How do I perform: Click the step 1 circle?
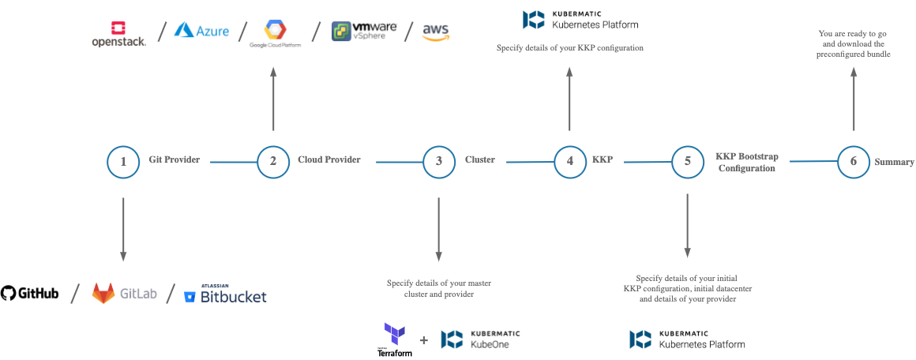(123, 162)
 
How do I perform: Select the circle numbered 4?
(569, 162)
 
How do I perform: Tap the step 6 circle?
(854, 162)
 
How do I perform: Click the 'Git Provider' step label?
(175, 159)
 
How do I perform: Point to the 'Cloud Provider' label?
(328, 159)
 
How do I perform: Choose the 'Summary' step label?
(894, 162)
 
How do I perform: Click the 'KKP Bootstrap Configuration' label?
(746, 162)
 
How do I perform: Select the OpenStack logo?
(118, 32)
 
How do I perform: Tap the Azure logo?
(202, 31)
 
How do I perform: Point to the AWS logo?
(435, 32)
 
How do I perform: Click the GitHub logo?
(30, 294)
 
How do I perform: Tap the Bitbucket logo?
(225, 294)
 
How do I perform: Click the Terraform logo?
(395, 339)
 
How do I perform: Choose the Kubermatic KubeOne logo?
(480, 339)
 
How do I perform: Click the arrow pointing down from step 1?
(123, 228)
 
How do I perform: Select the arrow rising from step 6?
(854, 99)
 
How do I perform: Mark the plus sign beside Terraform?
(424, 340)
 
